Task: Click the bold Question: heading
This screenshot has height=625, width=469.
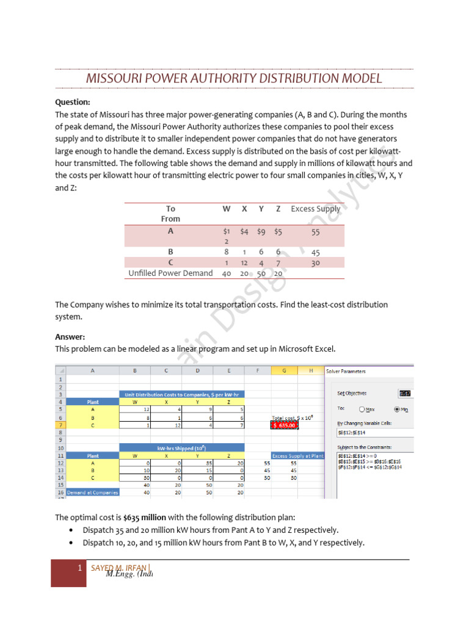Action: pos(73,102)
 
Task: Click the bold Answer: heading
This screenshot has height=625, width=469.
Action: pos(70,336)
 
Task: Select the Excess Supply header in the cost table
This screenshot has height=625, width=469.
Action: pos(315,209)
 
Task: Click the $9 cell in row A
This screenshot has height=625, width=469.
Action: pos(261,231)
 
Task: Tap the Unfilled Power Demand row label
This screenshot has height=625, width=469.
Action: pos(170,273)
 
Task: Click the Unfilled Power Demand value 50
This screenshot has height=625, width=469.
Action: pos(261,273)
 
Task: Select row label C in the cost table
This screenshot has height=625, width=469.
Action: pos(170,262)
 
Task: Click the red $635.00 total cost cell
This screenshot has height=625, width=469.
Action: pos(284,425)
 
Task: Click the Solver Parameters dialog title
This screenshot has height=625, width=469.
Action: pos(346,370)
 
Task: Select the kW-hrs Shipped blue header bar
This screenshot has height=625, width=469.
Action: pos(182,448)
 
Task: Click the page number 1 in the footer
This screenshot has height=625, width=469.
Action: pos(79,569)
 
